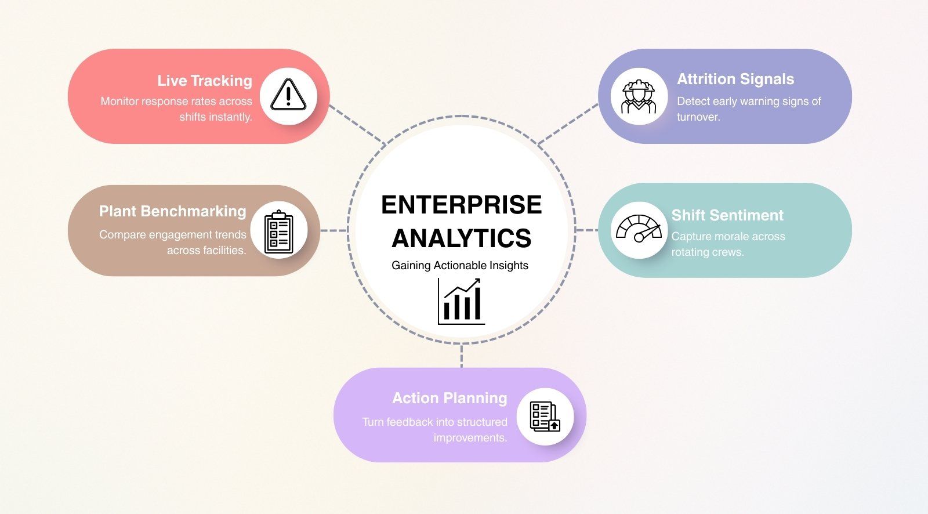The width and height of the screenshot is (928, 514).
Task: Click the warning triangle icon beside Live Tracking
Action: (x=288, y=95)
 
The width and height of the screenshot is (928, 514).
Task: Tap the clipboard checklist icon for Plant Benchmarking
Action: (x=279, y=231)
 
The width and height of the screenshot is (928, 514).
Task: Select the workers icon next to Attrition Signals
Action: (x=639, y=96)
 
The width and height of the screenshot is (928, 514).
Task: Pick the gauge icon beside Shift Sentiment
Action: (x=639, y=229)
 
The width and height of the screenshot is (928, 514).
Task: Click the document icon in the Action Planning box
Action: (x=545, y=417)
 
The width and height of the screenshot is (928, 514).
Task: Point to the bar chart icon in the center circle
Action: (x=461, y=301)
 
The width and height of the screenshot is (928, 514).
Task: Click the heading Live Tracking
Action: (x=205, y=81)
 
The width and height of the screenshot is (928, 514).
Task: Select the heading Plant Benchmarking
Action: (x=172, y=211)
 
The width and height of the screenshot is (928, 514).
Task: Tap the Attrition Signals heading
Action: (x=735, y=79)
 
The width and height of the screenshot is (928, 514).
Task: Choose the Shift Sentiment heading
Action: (x=727, y=215)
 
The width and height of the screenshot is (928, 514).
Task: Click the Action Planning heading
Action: (x=449, y=398)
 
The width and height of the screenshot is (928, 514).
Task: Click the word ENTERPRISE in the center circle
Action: (x=461, y=205)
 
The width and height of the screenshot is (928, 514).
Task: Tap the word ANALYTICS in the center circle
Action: (x=461, y=238)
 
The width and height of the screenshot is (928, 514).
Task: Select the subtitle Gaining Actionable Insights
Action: (x=460, y=266)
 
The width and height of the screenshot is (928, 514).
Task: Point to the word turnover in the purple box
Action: (x=698, y=117)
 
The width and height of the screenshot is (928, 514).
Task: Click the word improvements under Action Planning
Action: (x=470, y=437)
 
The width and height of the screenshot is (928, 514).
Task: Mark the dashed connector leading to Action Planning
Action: (x=462, y=356)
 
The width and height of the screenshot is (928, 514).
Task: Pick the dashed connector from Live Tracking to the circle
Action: (x=357, y=125)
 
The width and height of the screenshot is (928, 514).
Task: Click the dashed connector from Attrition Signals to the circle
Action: (x=568, y=124)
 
